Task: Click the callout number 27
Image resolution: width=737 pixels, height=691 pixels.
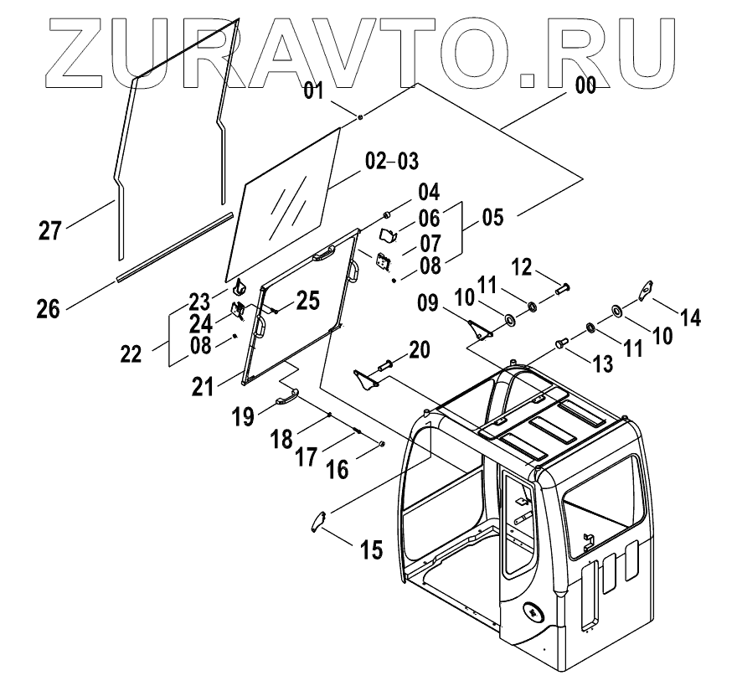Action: (x=50, y=229)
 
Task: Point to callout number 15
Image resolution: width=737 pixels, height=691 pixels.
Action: (x=371, y=549)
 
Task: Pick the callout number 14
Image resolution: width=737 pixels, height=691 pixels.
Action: (x=691, y=317)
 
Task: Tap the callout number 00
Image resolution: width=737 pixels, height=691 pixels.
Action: (x=585, y=85)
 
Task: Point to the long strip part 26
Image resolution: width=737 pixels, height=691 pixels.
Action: (x=174, y=247)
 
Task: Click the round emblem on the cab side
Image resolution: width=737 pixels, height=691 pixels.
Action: (x=533, y=613)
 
